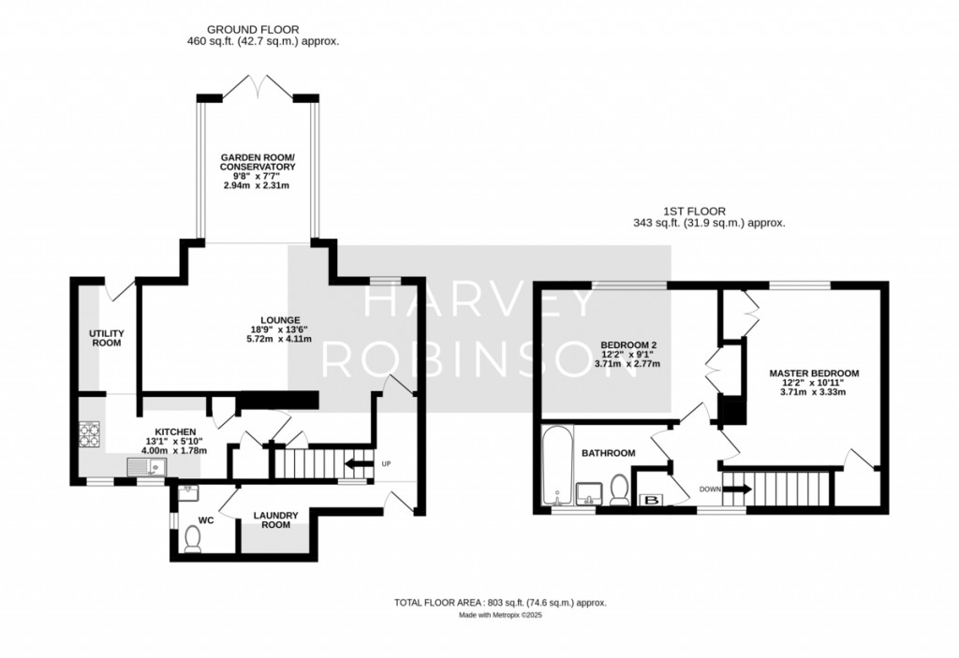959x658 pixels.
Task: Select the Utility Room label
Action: point(107,338)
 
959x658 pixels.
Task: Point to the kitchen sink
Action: point(146,467)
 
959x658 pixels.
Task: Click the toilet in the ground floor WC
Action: point(193,540)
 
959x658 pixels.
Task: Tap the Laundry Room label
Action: point(276,519)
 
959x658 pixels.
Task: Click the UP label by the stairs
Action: point(386,463)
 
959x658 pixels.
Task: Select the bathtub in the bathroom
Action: point(557,465)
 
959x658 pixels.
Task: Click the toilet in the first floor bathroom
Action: point(620,490)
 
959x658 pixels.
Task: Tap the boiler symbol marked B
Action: point(653,500)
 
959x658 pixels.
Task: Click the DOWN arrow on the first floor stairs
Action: point(737,490)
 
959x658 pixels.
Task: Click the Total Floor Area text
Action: point(500,603)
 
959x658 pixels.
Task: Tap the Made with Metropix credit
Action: point(500,615)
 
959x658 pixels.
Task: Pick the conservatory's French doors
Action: point(258,86)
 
